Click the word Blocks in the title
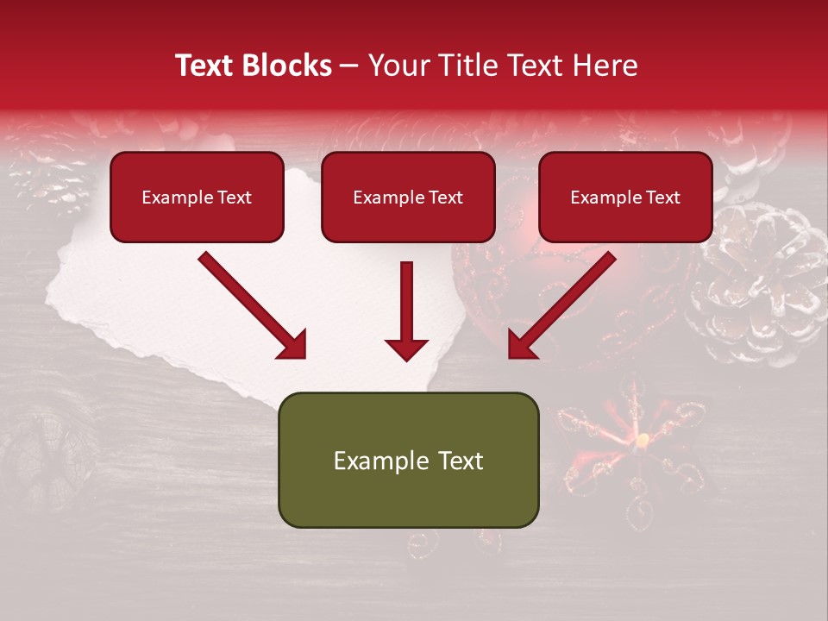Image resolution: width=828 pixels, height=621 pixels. point(286,66)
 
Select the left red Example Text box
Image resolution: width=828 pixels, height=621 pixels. point(197,197)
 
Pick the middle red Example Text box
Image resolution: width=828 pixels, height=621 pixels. point(408,197)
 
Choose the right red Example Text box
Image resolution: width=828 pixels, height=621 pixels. point(625,197)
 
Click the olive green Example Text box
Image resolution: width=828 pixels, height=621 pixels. point(408,460)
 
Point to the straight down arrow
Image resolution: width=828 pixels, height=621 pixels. point(406,310)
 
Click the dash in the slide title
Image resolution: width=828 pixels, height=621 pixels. point(350,66)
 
